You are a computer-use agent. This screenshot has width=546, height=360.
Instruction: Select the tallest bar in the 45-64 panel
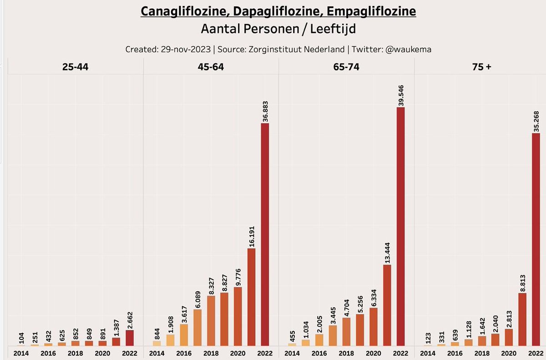click(x=265, y=234)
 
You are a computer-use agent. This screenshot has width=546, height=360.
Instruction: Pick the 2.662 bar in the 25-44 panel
click(x=130, y=338)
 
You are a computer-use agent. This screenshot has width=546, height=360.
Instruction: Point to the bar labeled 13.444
click(x=387, y=305)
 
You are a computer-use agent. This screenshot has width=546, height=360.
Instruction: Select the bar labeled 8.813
click(x=522, y=319)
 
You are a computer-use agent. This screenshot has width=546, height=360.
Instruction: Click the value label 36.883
click(x=265, y=110)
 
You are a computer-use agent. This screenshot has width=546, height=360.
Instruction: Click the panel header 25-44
click(x=76, y=67)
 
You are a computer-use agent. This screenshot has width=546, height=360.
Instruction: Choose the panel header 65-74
click(x=346, y=67)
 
